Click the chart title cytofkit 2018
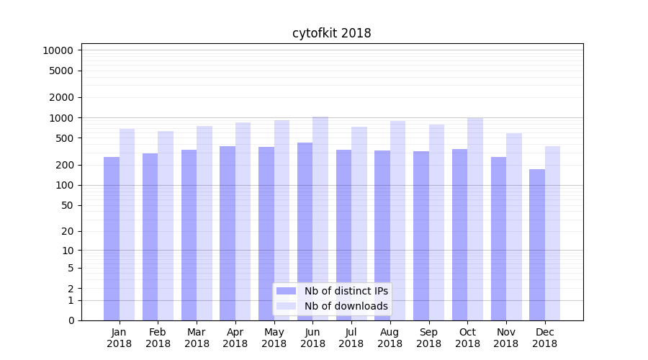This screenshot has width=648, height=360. click(331, 33)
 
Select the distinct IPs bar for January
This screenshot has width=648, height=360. click(112, 238)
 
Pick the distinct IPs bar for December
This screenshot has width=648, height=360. click(537, 245)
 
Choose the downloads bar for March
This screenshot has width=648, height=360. click(204, 223)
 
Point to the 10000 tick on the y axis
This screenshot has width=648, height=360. click(58, 50)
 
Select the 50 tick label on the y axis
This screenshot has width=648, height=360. click(67, 205)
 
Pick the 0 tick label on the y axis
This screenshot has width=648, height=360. click(71, 320)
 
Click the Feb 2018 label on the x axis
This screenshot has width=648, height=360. click(158, 338)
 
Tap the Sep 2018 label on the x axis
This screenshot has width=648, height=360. click(428, 338)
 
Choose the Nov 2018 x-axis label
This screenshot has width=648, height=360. click(506, 338)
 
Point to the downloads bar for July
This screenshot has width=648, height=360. click(359, 223)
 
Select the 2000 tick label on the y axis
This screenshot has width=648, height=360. click(60, 97)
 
